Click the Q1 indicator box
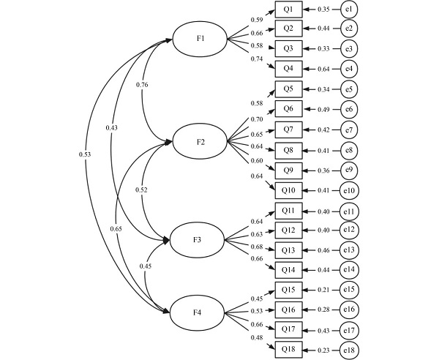tap(288, 10)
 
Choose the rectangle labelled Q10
tap(288, 190)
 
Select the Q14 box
tap(288, 270)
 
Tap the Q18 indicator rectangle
tap(288, 350)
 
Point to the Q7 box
tap(288, 130)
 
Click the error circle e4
tap(350, 70)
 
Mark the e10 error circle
tap(350, 190)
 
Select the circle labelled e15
tap(350, 290)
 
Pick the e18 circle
tap(350, 350)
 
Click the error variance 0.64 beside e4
tap(324, 70)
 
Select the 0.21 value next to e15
tap(324, 290)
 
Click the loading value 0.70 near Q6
tap(256, 119)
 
